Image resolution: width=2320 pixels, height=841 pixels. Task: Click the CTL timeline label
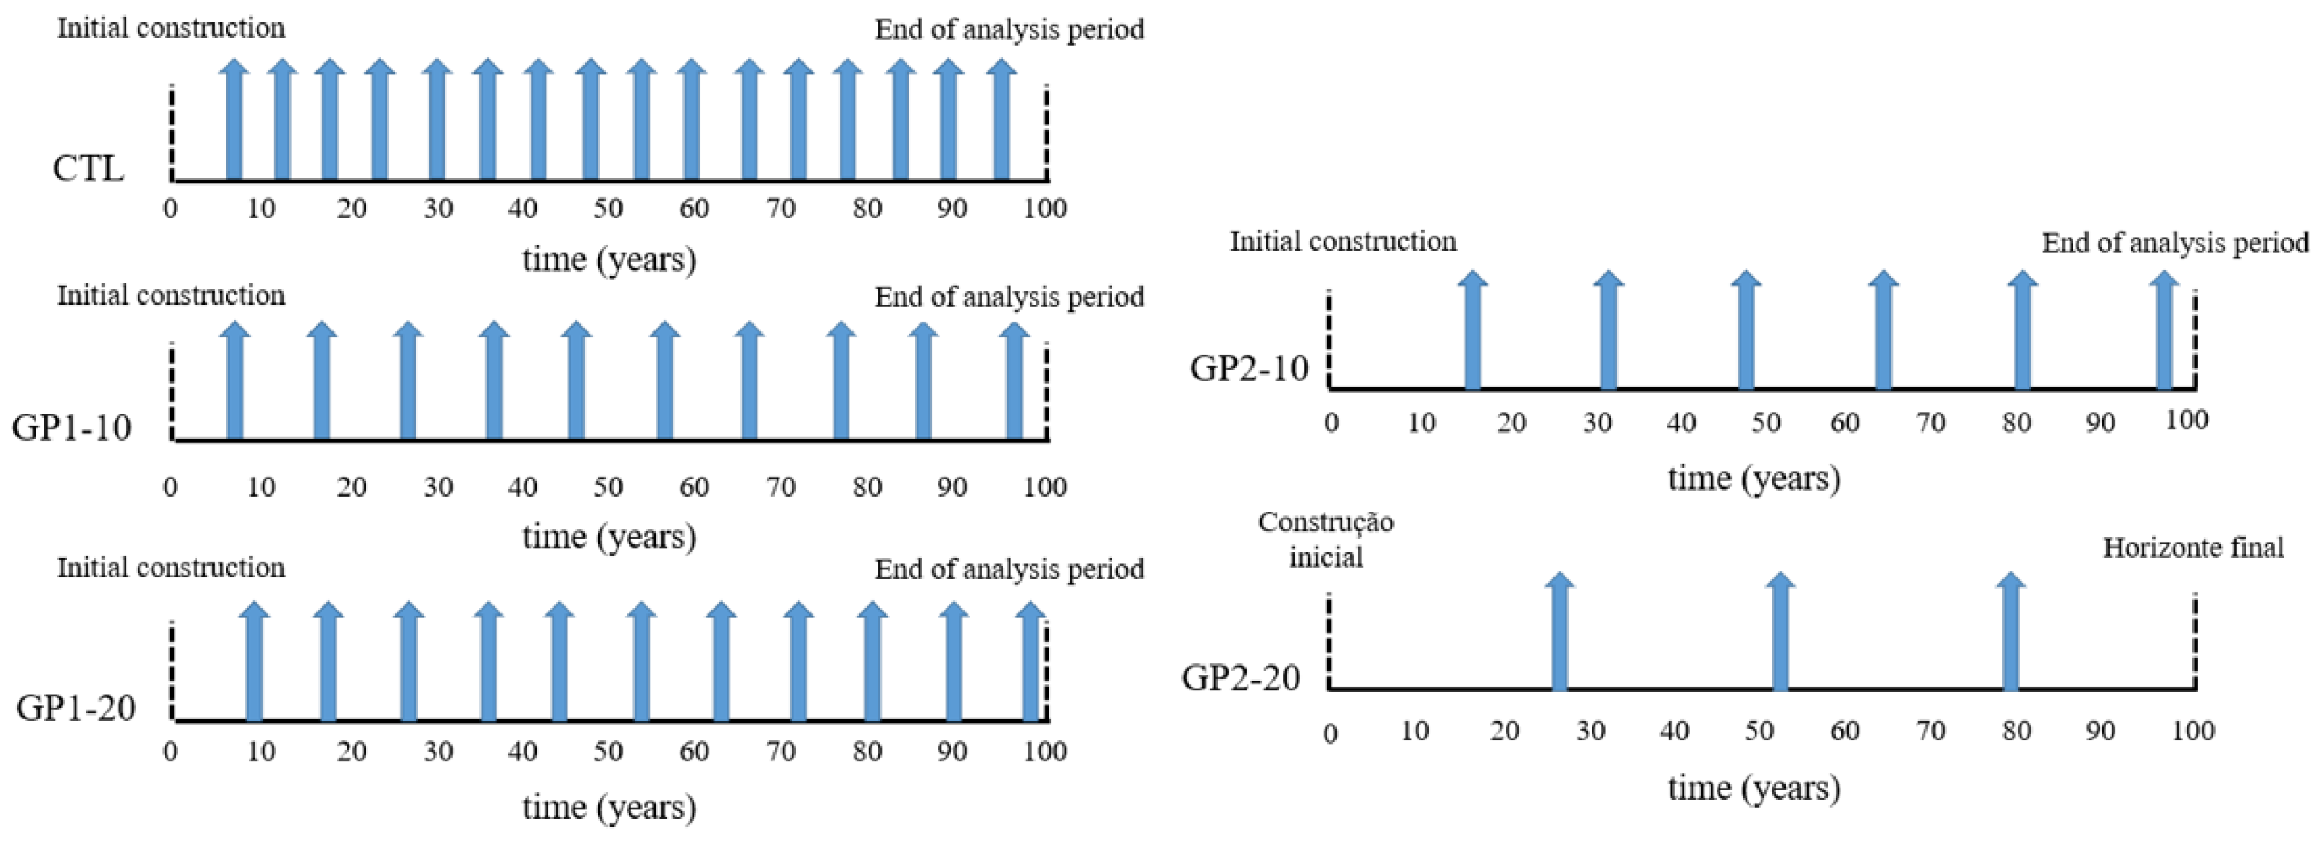87,168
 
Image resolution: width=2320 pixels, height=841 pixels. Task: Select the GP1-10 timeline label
71,428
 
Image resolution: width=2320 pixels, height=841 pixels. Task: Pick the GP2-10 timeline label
1248,368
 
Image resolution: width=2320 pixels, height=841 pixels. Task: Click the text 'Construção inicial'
1326,539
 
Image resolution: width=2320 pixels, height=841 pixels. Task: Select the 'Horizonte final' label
2193,547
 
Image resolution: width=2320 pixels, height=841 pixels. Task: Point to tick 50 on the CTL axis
608,209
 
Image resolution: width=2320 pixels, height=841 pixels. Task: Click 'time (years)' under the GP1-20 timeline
608,807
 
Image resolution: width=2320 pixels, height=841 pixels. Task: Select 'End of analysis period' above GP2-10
2175,243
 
